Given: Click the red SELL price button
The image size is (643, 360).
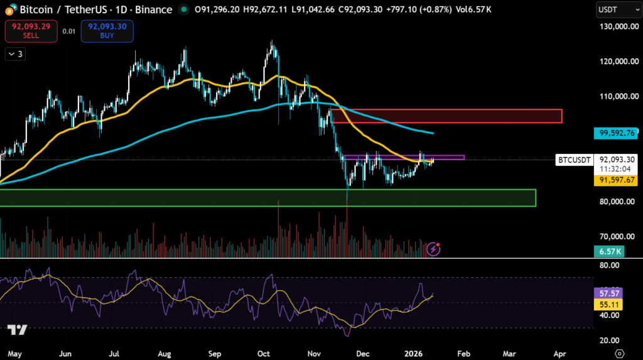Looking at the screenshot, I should tap(31, 31).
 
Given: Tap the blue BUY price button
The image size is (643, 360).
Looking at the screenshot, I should tap(107, 31).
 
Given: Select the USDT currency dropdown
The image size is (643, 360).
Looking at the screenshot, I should tap(616, 9).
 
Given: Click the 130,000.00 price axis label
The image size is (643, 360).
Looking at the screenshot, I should tap(616, 26).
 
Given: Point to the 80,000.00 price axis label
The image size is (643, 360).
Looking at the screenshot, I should tap(616, 202).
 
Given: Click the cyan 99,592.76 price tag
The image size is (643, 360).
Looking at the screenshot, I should tap(616, 133).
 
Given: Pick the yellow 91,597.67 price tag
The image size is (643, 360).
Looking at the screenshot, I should tap(616, 180).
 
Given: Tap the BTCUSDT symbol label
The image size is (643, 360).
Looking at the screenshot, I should tap(575, 160).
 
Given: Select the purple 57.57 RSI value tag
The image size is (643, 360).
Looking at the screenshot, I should tap(607, 293).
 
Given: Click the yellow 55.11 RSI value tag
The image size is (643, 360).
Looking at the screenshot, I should tap(607, 303).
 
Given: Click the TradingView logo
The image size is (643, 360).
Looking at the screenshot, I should tap(17, 330).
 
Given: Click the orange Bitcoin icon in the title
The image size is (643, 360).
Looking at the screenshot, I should tap(7, 9).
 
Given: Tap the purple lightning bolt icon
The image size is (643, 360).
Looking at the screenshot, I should tap(433, 249).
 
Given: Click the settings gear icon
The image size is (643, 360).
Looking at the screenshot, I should tap(620, 353).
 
